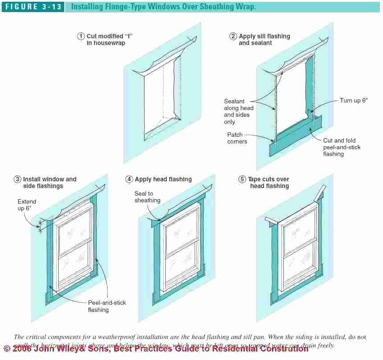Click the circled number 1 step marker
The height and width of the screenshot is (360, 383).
[x=81, y=37]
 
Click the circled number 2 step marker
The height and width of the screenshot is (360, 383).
[x=233, y=37]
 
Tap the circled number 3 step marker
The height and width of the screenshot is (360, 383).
[x=17, y=179]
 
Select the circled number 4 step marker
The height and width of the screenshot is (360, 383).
[x=129, y=179]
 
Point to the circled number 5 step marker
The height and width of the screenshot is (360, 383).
[x=242, y=179]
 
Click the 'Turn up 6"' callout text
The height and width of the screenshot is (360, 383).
[x=354, y=101]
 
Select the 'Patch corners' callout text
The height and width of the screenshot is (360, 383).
[x=237, y=138]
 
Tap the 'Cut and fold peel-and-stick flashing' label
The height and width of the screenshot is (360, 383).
[x=342, y=147]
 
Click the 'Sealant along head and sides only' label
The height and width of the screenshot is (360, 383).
[x=238, y=111]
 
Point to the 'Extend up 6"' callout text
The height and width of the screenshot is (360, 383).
[x=27, y=205]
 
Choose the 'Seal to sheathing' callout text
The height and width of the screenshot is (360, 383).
[x=147, y=197]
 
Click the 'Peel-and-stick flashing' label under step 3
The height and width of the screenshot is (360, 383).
[x=107, y=306]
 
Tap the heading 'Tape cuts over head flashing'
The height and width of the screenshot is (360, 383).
[x=269, y=182]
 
